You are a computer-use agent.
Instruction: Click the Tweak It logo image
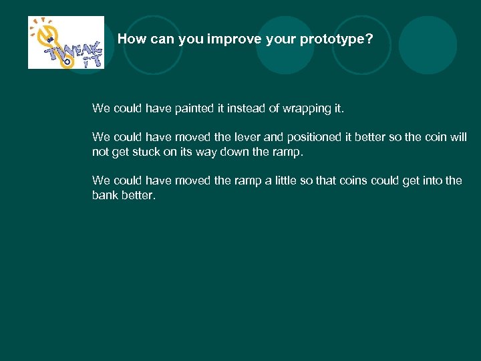click(65, 42)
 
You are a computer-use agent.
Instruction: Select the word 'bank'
click(106, 195)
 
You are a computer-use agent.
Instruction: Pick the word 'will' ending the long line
click(459, 137)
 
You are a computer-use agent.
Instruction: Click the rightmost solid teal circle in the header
click(428, 45)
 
